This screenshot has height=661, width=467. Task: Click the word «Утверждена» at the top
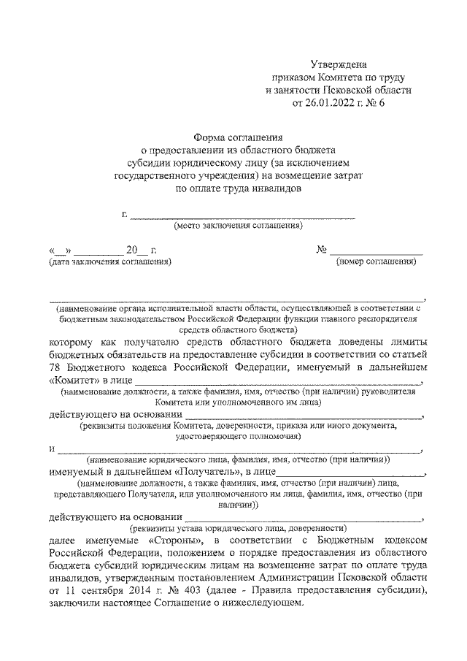click(x=342, y=64)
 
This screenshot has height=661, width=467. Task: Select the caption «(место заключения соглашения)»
click(x=238, y=227)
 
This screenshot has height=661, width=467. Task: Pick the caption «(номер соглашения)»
click(x=375, y=261)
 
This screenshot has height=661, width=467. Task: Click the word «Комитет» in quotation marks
click(x=75, y=381)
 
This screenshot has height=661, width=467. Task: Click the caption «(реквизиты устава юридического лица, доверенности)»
click(x=237, y=527)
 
